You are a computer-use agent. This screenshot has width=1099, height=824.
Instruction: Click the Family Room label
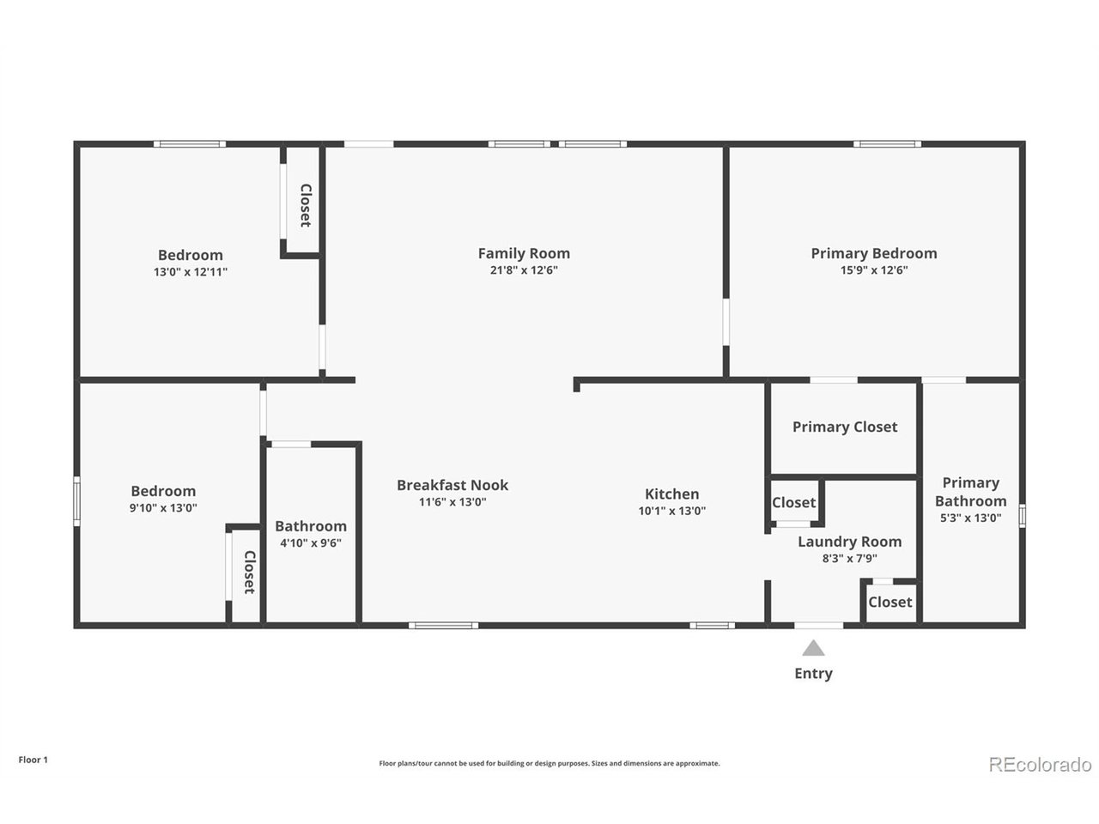tap(524, 254)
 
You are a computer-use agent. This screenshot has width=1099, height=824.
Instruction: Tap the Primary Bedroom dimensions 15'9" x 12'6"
tap(874, 270)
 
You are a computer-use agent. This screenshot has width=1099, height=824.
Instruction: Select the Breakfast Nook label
tap(452, 485)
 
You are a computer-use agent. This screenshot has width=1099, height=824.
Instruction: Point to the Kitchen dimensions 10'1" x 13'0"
tap(671, 511)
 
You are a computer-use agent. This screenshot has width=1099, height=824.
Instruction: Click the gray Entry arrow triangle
tap(813, 648)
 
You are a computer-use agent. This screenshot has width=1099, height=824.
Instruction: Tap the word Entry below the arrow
tap(813, 674)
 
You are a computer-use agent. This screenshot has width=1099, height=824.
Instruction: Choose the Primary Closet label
tap(845, 427)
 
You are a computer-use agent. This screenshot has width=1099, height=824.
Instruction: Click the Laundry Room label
tap(849, 542)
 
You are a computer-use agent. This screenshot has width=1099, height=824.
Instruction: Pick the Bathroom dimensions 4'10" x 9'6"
tap(311, 542)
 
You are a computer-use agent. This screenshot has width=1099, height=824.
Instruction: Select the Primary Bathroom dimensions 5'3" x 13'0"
tap(970, 518)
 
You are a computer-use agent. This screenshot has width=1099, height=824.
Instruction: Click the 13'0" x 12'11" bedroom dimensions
tap(191, 272)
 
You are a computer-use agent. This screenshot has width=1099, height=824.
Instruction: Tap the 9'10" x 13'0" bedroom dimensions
tap(163, 508)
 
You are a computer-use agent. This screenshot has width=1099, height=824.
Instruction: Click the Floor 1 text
tap(33, 760)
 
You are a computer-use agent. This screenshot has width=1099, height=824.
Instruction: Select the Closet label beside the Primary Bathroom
tap(890, 602)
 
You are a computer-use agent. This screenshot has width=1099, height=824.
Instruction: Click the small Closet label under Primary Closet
tap(793, 502)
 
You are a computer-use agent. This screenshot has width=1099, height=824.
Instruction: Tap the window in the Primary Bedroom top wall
tap(887, 144)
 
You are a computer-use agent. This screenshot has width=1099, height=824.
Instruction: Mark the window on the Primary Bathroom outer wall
tap(1022, 516)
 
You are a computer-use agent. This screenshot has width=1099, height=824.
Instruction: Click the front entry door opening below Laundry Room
tap(818, 626)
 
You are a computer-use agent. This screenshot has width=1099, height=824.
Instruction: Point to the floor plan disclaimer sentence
tap(549, 763)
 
